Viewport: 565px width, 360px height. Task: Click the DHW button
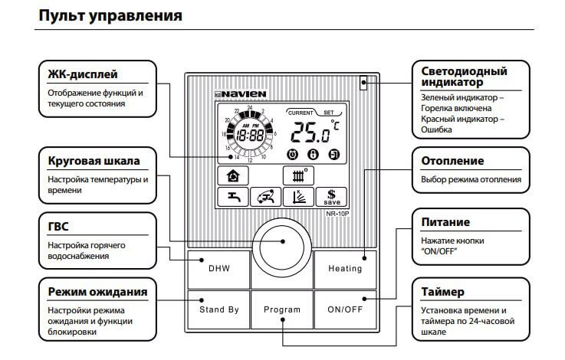click(x=218, y=268)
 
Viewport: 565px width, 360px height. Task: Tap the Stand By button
click(x=218, y=309)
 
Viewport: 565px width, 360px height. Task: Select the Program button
click(x=282, y=309)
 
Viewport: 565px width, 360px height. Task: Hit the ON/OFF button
click(x=345, y=309)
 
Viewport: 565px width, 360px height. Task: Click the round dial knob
click(x=282, y=241)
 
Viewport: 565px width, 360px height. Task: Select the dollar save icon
click(x=332, y=197)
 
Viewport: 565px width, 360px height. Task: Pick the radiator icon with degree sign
click(x=297, y=175)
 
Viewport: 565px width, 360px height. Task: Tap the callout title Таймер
click(x=443, y=292)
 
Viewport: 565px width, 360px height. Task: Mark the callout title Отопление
click(x=452, y=161)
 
